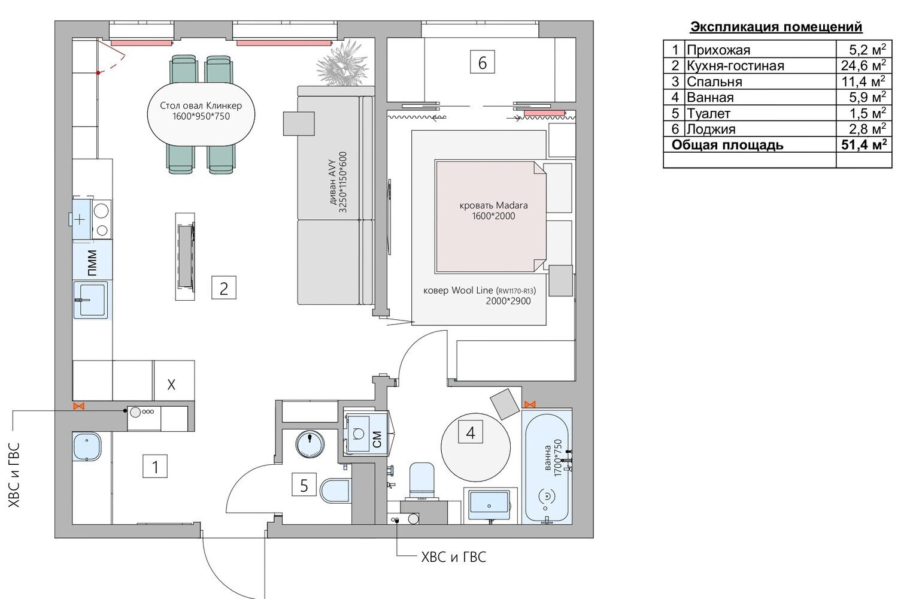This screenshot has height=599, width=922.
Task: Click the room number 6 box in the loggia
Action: (x=482, y=62)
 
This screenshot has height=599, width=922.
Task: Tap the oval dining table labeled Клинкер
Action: (x=201, y=114)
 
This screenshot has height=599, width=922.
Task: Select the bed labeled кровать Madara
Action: (x=491, y=216)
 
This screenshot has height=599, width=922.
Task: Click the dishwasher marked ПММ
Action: (x=93, y=260)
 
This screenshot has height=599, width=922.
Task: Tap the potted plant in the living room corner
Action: (x=342, y=63)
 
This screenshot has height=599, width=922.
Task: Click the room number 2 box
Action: (x=224, y=288)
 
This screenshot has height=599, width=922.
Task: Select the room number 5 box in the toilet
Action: (x=304, y=485)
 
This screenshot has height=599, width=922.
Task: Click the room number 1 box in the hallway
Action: (x=155, y=466)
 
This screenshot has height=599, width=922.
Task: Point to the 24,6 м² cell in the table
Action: (x=863, y=65)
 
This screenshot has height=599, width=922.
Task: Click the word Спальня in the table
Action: (x=715, y=81)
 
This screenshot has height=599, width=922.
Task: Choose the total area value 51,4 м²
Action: (x=864, y=144)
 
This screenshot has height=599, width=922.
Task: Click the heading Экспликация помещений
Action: (x=776, y=27)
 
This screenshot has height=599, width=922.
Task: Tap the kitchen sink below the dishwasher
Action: (x=92, y=299)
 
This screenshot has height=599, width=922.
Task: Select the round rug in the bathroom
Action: (x=475, y=447)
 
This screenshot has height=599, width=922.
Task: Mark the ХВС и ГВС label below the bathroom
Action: (x=454, y=557)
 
